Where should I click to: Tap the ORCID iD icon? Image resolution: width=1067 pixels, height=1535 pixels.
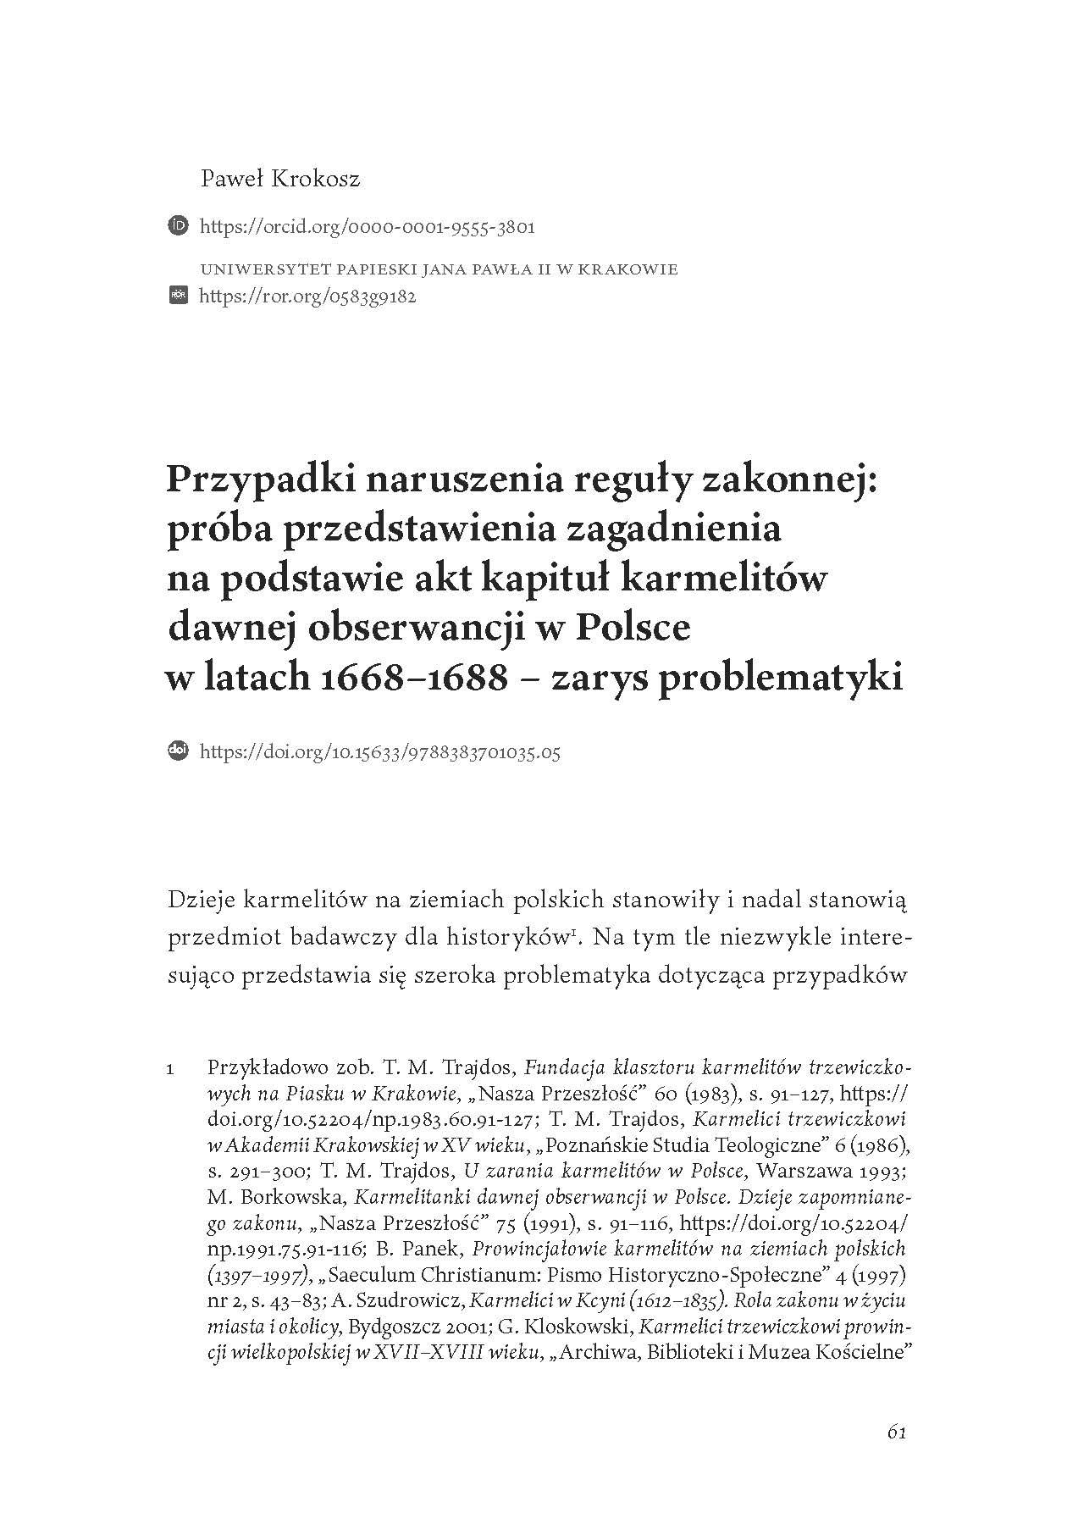[179, 226]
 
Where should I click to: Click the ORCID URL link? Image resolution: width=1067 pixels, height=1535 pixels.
[367, 227]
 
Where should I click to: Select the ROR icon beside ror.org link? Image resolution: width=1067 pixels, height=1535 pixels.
[179, 296]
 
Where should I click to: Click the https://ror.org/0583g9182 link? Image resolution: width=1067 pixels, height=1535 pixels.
[307, 297]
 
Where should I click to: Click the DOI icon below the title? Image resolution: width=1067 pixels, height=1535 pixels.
[179, 751]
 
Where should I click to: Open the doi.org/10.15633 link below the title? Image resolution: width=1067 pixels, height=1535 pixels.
[379, 751]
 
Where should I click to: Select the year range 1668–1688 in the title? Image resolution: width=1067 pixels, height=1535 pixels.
[411, 678]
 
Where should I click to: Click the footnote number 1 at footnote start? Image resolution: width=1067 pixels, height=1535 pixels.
[170, 1069]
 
